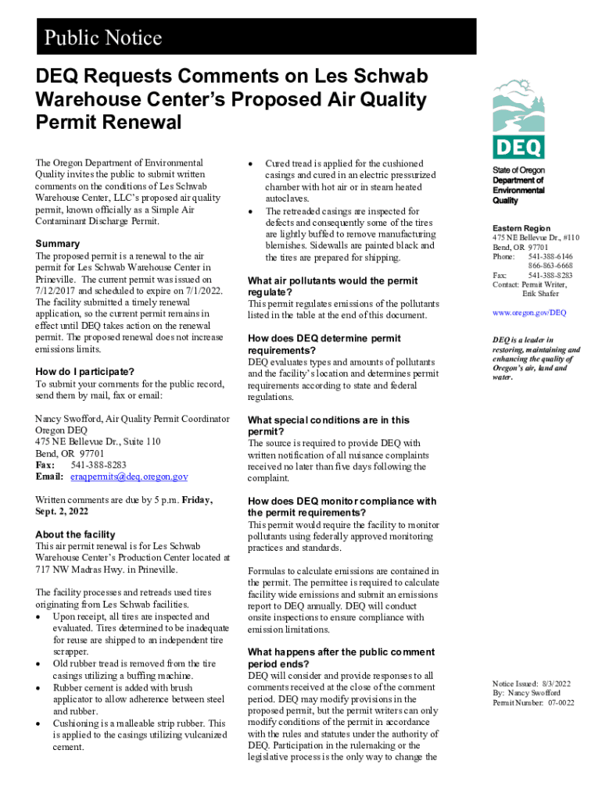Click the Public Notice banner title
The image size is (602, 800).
point(102,37)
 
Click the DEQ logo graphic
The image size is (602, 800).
point(518,118)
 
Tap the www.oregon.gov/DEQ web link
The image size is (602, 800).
point(529,312)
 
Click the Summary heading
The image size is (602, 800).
point(57,244)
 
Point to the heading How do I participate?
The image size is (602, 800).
point(85,371)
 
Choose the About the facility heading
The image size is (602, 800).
point(75,534)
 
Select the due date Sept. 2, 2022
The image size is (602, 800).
point(62,511)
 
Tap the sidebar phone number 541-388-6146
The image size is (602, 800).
point(550,256)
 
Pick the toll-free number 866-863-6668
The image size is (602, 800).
point(550,266)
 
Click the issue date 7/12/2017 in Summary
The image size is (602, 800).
point(57,291)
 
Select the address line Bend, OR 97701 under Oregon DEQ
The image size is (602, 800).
point(70,453)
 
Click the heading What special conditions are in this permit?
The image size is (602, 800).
point(328,426)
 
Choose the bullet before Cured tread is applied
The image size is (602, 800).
point(249,164)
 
